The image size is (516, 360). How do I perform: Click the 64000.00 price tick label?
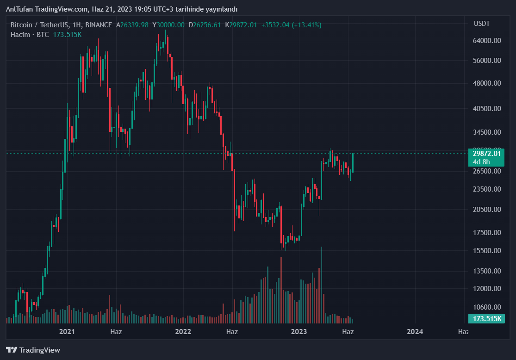coord(487,41)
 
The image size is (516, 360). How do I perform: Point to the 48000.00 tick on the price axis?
coord(487,83)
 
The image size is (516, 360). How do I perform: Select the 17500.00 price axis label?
coord(487,233)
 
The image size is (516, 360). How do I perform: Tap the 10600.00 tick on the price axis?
coord(487,307)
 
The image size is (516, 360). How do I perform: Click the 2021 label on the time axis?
coord(67,331)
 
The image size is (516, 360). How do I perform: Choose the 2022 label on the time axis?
coord(183,331)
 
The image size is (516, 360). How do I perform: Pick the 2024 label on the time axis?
coord(415,331)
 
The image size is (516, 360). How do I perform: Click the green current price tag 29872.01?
coord(486,154)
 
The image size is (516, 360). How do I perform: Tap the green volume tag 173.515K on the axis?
coord(486,319)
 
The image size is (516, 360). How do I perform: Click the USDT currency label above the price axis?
coord(482,24)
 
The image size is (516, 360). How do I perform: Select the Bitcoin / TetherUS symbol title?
coord(37,25)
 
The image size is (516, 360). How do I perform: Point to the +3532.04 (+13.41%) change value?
coord(291,25)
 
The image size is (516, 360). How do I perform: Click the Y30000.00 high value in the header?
coord(168,25)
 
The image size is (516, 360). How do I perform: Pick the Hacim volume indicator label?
coord(20,35)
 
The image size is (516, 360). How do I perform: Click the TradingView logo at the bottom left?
coord(33,350)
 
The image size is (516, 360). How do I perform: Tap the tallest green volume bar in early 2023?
coord(321,285)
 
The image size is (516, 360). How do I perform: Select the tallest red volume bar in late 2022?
coord(281,290)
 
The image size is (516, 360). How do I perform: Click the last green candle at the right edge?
coord(353,162)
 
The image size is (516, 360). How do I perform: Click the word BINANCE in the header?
coord(99,25)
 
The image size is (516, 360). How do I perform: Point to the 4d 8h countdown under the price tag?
coord(481,162)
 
